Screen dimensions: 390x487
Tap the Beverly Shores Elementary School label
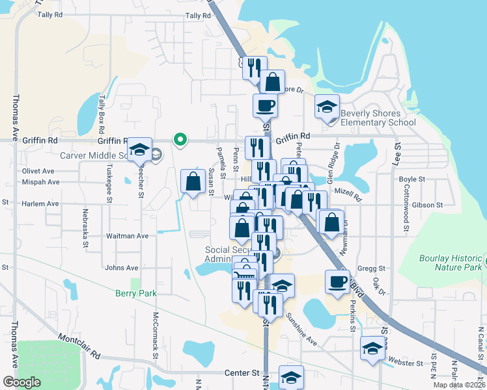coord(378,118)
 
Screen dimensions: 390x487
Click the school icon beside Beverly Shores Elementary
coord(327,107)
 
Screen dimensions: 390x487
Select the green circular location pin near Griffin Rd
coord(180,139)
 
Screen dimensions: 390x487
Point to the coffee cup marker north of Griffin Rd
coord(265,105)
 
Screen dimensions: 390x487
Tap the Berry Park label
coord(136,294)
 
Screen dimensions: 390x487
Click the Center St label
coord(242,373)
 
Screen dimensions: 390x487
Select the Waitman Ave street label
coord(127,236)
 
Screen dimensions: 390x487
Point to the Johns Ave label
coord(121,267)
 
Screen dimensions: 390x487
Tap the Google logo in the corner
coord(21,382)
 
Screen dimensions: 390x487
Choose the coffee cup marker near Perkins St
coord(337,282)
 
